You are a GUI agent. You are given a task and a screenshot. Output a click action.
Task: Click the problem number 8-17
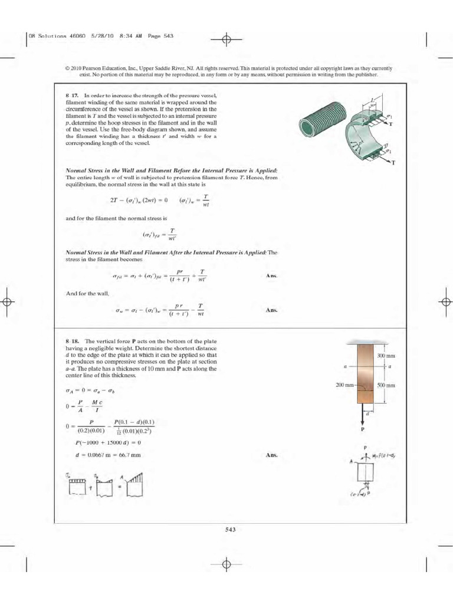point(72,95)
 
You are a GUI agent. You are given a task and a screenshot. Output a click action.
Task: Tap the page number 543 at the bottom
point(231,529)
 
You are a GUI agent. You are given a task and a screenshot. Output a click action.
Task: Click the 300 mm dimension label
point(386,356)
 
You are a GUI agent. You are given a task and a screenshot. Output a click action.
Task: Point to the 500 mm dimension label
point(386,385)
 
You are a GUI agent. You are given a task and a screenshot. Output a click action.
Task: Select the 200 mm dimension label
point(344,385)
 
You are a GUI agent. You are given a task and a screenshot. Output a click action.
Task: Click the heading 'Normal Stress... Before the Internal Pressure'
point(171,170)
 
